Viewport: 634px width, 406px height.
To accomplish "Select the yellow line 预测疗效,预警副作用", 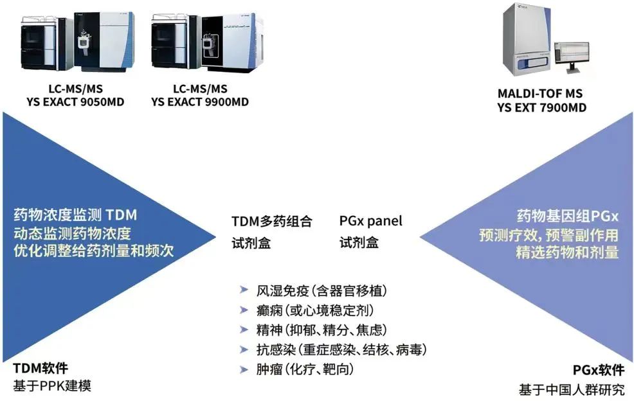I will [x=548, y=234].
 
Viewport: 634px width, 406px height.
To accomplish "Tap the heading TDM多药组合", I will [x=272, y=222].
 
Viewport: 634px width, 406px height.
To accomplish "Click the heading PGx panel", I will [x=371, y=221].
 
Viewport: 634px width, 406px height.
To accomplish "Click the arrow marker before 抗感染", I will [x=242, y=350].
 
